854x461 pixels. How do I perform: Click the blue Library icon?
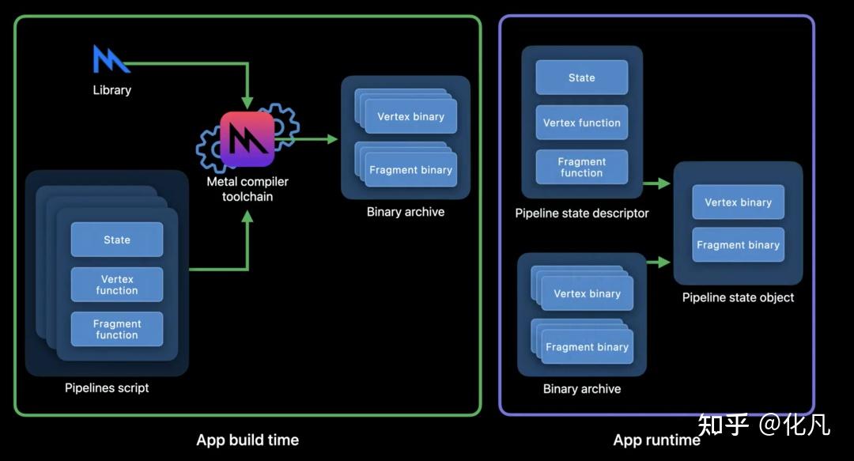pos(111,60)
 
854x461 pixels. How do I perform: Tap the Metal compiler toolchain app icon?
pos(248,139)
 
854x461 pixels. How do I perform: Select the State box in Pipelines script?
pos(117,240)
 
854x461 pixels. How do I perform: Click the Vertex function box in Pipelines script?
pos(117,285)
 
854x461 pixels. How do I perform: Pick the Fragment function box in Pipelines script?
pos(117,329)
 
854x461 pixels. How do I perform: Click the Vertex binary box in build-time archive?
pos(411,117)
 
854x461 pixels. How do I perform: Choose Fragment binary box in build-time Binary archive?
pos(411,170)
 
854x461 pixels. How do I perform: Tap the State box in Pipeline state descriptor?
pos(582,77)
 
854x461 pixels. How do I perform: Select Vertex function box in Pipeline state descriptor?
pos(582,123)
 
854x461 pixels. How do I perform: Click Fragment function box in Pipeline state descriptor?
pos(582,167)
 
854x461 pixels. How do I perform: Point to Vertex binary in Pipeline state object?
pos(739,202)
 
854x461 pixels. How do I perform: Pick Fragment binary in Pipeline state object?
pos(739,245)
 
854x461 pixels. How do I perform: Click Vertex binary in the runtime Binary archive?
pos(588,294)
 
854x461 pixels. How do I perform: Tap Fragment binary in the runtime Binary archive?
pos(588,347)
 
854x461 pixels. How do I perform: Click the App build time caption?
pos(248,440)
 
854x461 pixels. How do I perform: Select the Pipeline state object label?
pos(738,297)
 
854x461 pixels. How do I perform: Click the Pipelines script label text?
pos(107,387)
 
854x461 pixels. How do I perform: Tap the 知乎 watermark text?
pos(724,425)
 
